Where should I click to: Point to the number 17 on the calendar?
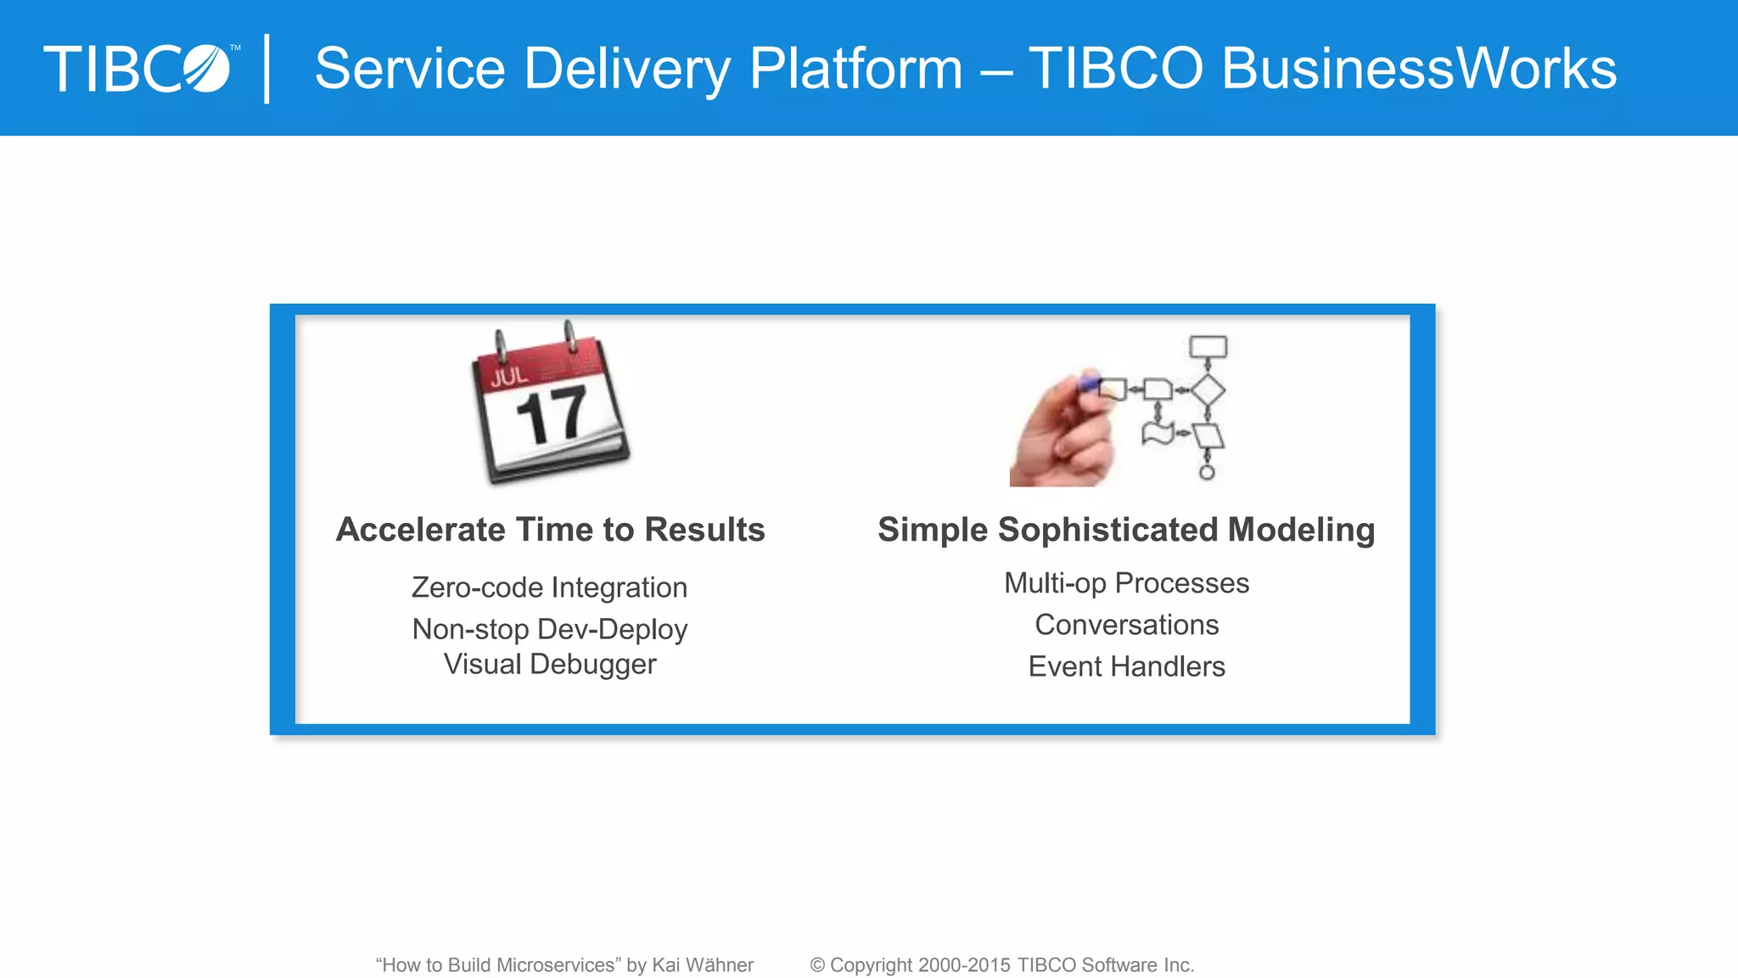click(552, 416)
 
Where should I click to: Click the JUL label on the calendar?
click(509, 376)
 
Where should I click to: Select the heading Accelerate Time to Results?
click(551, 530)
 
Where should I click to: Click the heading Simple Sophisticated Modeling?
click(1126, 530)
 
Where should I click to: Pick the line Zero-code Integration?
click(549, 587)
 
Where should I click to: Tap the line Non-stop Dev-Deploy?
click(549, 629)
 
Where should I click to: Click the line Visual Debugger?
click(549, 664)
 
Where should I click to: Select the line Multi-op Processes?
click(1126, 583)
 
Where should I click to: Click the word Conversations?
click(1126, 625)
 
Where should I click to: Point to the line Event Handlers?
click(1126, 666)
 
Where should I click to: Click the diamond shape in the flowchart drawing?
click(1208, 391)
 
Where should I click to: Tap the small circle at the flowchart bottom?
click(1207, 472)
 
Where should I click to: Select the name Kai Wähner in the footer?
click(703, 965)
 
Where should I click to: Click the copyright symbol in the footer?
click(817, 965)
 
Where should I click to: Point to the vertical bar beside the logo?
click(267, 69)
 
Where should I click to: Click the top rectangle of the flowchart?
click(1208, 346)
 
